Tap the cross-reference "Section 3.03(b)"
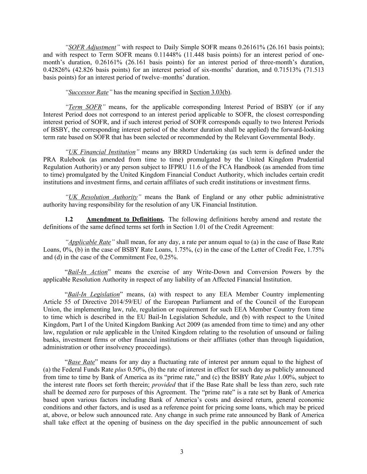(x=210, y=92)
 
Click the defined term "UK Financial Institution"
(x=102, y=152)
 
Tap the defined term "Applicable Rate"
(x=89, y=242)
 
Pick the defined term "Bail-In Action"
(x=88, y=272)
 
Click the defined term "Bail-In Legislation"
(x=94, y=294)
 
